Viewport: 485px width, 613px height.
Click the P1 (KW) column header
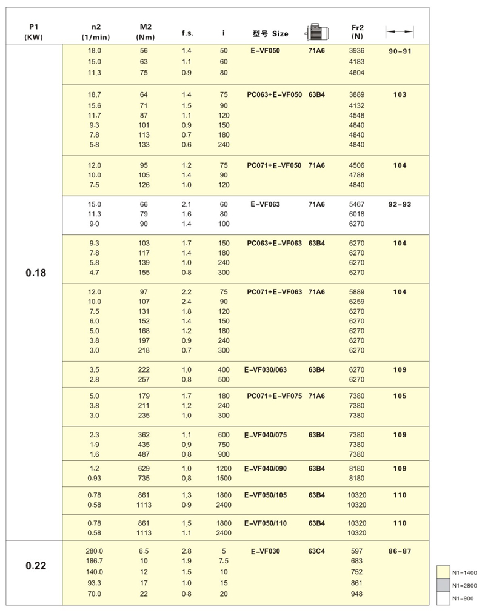pyautogui.click(x=34, y=32)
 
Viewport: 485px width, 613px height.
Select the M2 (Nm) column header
pyautogui.click(x=145, y=32)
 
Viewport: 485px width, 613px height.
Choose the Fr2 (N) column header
pyautogui.click(x=357, y=32)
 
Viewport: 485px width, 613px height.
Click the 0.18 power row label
pyautogui.click(x=36, y=273)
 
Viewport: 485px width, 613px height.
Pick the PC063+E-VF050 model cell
pyautogui.click(x=274, y=95)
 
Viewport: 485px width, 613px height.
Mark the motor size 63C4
pyautogui.click(x=316, y=552)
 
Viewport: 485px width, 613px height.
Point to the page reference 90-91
pyautogui.click(x=400, y=51)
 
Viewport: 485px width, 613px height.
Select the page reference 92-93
pyautogui.click(x=400, y=205)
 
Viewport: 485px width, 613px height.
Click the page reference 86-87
pyautogui.click(x=400, y=552)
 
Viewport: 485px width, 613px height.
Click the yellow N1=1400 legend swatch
pyautogui.click(x=443, y=572)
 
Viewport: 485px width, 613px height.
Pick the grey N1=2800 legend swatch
pyautogui.click(x=443, y=585)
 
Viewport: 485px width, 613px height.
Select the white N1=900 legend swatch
pyautogui.click(x=443, y=598)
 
